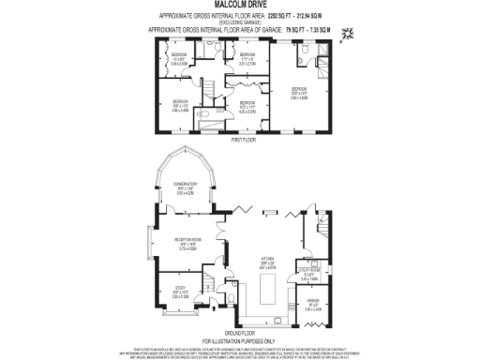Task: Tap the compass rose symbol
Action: click(349, 35)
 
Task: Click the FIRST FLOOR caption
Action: click(243, 139)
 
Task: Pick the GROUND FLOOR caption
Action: click(240, 332)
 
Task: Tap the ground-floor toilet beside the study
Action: click(231, 301)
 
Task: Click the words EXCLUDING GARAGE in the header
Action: click(235, 22)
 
